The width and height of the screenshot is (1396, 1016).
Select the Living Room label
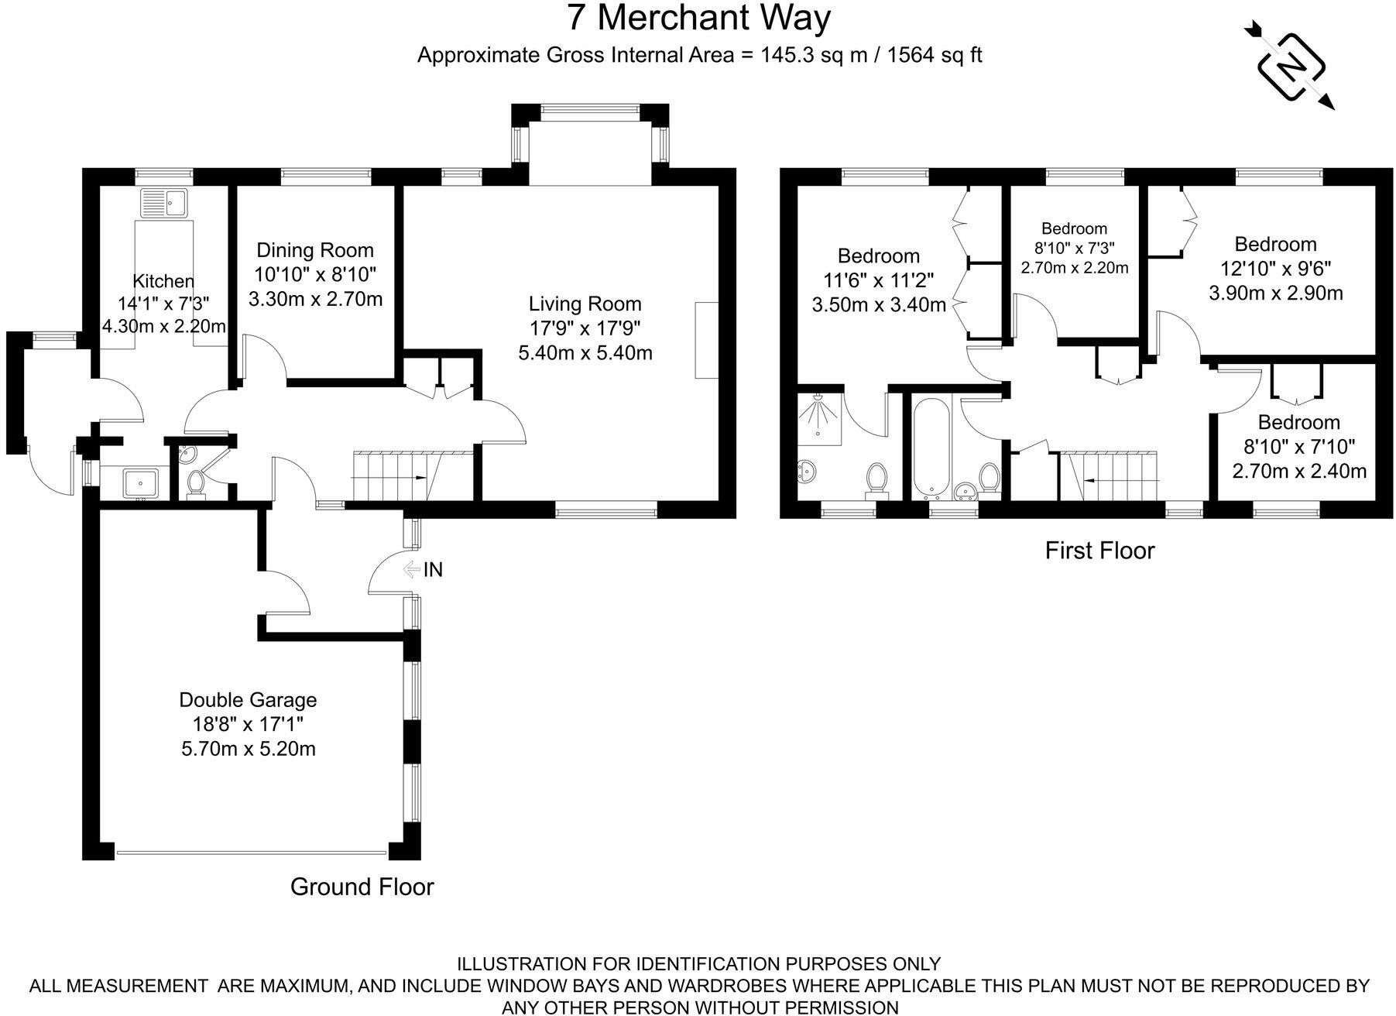585,304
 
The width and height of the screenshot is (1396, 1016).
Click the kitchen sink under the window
163,204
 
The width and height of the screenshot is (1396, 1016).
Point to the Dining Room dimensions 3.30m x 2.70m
315,299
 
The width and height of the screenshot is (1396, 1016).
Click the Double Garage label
248,700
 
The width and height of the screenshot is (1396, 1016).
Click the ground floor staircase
395,475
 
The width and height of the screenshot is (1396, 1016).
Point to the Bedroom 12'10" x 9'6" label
1275,245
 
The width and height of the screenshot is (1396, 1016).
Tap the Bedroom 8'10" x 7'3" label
1074,229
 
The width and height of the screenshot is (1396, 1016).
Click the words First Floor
1099,551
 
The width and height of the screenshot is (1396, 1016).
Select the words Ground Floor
362,887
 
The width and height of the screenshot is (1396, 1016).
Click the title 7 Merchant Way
698,19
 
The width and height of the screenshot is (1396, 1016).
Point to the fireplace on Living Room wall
707,340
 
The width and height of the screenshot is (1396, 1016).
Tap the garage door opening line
252,854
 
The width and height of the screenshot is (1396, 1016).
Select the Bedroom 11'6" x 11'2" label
879,256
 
